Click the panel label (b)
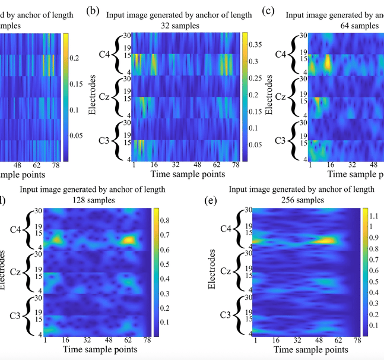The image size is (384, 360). (x=93, y=10)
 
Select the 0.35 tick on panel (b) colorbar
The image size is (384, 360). (x=253, y=44)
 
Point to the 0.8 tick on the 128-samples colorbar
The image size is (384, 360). (x=168, y=220)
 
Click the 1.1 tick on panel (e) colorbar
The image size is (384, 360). (x=373, y=215)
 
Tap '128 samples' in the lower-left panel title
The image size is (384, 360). (x=87, y=200)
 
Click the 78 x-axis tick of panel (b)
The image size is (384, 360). (x=236, y=165)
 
